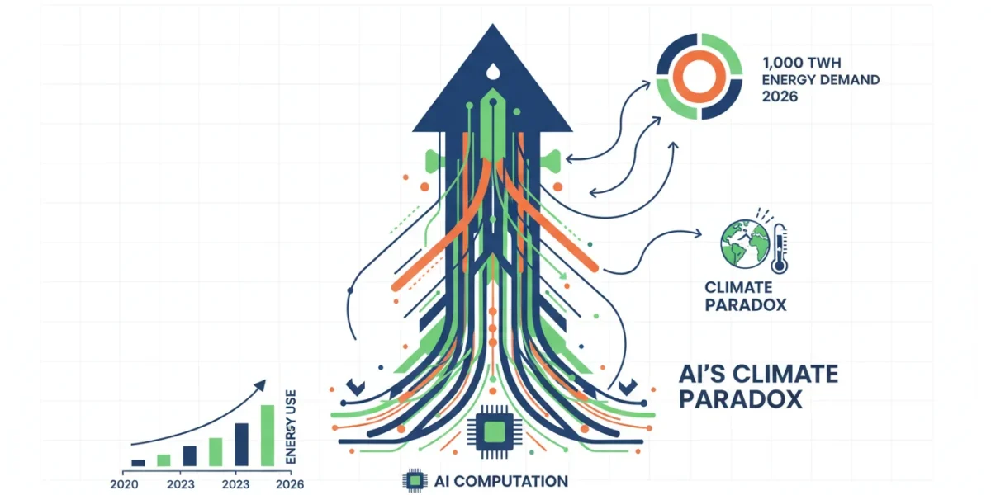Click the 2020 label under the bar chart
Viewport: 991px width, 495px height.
(x=124, y=484)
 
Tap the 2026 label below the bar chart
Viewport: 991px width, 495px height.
(x=290, y=484)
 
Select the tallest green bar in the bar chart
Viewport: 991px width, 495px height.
(x=268, y=436)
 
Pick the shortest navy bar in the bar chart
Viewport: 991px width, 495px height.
(x=138, y=463)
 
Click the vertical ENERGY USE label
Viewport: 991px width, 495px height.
(x=291, y=427)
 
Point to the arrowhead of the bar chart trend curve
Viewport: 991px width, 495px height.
(x=261, y=385)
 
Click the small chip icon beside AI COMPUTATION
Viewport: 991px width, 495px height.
(x=415, y=480)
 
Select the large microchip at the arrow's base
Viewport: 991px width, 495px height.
(x=495, y=431)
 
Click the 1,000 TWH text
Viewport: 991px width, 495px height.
(x=801, y=63)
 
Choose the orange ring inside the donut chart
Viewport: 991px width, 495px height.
(x=699, y=77)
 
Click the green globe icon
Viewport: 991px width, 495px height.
(x=746, y=244)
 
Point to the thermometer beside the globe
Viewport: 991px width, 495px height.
(x=779, y=248)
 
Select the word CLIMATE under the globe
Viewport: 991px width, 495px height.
(x=738, y=287)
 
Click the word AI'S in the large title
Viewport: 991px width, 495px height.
(x=702, y=374)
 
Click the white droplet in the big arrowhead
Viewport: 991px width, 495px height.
(x=492, y=72)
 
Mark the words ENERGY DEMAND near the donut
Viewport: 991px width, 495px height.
(x=821, y=80)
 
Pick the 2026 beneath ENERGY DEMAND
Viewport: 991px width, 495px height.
(x=780, y=97)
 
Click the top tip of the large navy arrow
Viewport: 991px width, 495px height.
(x=492, y=25)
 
